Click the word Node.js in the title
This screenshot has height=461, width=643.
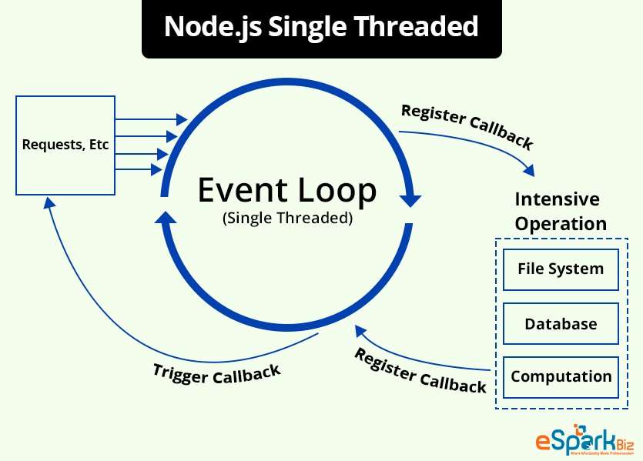coord(203,28)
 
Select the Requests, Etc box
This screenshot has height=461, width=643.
coord(65,144)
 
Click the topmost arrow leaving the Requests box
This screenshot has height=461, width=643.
coord(151,119)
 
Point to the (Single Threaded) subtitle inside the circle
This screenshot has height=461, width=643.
coord(287,218)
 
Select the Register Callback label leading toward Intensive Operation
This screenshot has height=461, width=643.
coord(467,125)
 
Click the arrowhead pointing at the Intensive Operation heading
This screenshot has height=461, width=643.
coord(528,168)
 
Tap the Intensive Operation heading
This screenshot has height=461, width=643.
coord(560,212)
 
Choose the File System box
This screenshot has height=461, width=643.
coord(560,269)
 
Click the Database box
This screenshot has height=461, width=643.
coord(560,323)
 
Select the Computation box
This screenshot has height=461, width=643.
coord(560,376)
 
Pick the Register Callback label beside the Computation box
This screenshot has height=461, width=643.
coord(420,370)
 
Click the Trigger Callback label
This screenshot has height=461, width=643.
coord(216,374)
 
